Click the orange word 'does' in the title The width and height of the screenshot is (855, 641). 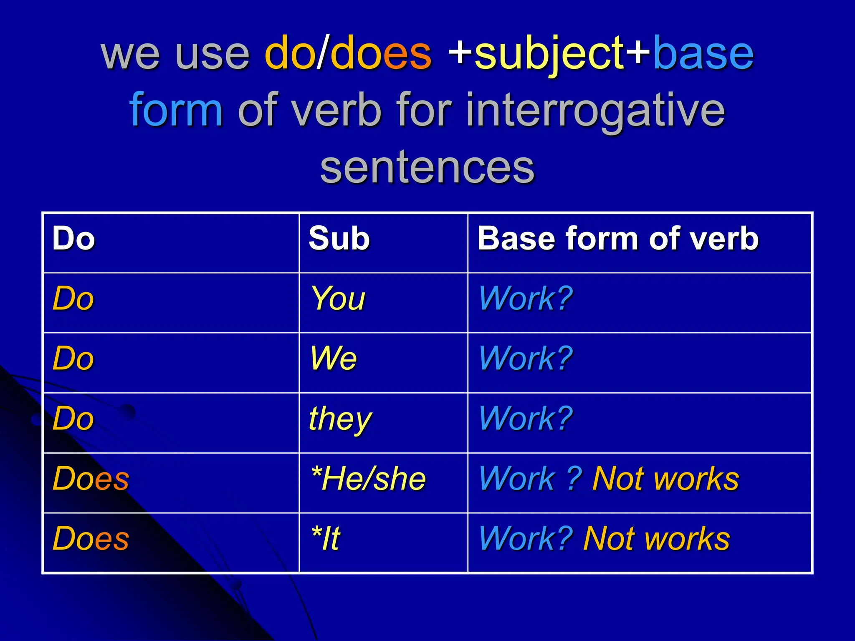click(381, 54)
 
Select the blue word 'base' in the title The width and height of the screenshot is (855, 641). click(703, 54)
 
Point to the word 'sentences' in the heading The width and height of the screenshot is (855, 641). click(427, 167)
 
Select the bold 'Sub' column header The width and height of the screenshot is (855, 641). click(339, 239)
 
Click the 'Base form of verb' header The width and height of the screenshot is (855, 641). click(618, 239)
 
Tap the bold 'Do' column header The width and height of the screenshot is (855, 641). click(73, 239)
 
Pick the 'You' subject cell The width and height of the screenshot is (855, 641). click(338, 299)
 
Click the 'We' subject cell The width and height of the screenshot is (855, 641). click(333, 359)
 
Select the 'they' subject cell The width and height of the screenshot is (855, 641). click(340, 419)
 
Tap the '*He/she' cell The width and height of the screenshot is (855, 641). click(368, 479)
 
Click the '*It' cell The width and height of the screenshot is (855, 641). click(326, 539)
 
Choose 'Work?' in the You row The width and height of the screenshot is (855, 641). click(526, 299)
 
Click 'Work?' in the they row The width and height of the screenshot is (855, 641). click(526, 419)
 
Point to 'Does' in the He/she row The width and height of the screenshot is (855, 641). click(91, 479)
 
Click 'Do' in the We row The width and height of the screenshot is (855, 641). click(73, 359)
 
